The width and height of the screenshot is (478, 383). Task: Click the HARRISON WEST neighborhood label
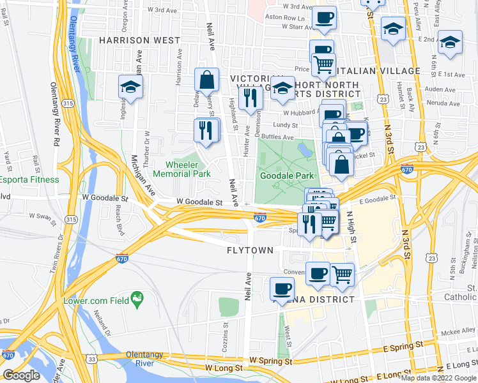coord(139,40)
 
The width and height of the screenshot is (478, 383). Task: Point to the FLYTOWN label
coord(251,250)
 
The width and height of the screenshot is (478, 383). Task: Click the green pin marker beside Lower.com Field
coord(135,298)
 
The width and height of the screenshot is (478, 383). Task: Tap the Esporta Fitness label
coord(29,179)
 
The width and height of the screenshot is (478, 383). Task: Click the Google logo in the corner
coord(22,375)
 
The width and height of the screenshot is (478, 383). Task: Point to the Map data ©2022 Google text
coord(438,378)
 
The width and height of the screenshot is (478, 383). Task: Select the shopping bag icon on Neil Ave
coord(206,80)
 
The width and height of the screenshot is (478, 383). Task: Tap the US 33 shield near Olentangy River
coord(94,359)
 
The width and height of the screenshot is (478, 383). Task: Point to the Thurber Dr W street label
coord(146,139)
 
